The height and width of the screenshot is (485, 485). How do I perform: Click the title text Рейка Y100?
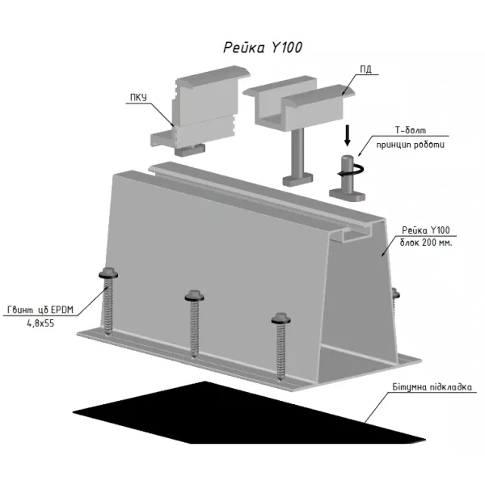[263, 48]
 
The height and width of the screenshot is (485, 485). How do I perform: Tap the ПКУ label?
[138, 98]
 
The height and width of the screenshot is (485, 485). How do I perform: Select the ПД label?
[366, 70]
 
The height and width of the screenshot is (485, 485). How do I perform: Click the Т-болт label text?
[410, 130]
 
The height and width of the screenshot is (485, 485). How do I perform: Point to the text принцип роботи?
[410, 145]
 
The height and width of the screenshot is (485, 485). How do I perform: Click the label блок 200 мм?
[426, 242]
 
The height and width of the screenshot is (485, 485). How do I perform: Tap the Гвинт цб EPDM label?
[40, 310]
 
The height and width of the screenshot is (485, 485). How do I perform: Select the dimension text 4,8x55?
[40, 323]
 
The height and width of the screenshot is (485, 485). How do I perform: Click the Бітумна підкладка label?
[432, 387]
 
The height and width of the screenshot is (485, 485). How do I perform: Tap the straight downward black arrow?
[348, 135]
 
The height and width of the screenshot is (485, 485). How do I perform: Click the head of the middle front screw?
[194, 296]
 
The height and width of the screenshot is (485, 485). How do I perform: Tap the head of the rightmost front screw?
[280, 318]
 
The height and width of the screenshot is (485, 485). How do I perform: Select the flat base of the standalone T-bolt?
[347, 195]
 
